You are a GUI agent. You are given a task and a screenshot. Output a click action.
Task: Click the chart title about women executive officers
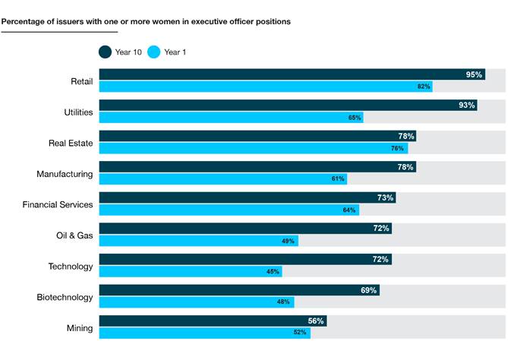[146, 21]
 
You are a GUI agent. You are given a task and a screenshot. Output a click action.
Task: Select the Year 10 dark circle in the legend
[105, 52]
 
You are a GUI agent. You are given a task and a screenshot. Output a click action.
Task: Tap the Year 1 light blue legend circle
[154, 52]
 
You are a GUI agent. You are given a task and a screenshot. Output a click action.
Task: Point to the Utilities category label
[78, 112]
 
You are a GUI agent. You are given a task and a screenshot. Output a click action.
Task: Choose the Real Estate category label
[73, 143]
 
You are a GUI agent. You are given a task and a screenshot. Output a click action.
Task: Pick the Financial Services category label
[58, 205]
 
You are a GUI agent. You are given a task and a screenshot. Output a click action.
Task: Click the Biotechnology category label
[65, 298]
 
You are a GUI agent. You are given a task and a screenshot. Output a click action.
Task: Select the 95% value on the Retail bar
[475, 74]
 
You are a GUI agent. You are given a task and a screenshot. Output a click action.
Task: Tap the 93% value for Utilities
[467, 105]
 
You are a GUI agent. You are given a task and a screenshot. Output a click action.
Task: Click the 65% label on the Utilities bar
[355, 118]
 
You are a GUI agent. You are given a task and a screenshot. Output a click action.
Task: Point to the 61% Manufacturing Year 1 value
[339, 179]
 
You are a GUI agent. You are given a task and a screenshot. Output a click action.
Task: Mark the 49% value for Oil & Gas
[289, 241]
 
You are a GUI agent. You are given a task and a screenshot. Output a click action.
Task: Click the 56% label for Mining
[316, 321]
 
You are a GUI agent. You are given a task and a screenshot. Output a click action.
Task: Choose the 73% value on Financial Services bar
[385, 197]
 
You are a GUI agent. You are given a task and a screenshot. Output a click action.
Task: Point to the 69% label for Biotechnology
[369, 290]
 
